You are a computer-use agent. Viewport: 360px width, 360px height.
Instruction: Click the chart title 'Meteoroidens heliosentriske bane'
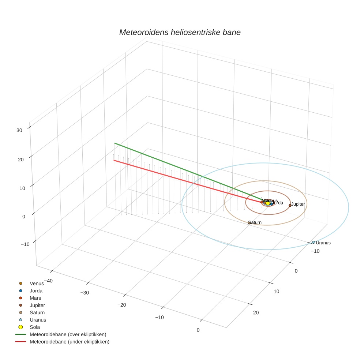[x=180, y=32]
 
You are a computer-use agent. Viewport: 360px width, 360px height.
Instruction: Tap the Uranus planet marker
[x=314, y=242]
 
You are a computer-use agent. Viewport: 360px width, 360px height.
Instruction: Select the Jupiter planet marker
[x=290, y=205]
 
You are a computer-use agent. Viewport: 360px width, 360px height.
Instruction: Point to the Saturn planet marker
[x=249, y=222]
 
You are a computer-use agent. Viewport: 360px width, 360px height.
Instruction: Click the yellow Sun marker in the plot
[x=268, y=203]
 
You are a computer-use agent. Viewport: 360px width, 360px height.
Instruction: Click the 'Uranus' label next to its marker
[x=323, y=243]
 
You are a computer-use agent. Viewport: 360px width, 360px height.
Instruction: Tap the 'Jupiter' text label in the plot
[x=298, y=204]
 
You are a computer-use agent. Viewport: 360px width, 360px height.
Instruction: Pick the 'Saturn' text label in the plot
[x=255, y=222]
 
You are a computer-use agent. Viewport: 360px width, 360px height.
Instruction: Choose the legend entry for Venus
[x=37, y=284]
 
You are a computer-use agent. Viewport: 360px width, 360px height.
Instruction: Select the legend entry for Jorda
[x=36, y=291]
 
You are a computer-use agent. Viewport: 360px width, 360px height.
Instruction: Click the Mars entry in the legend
[x=35, y=298]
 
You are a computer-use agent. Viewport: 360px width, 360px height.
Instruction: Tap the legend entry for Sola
[x=35, y=327]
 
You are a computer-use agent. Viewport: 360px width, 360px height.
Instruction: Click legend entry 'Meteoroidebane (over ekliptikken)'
[x=68, y=334]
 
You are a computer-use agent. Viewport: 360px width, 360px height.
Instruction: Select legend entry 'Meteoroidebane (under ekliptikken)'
[x=69, y=342]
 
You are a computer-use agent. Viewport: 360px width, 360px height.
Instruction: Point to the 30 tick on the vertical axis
[x=19, y=130]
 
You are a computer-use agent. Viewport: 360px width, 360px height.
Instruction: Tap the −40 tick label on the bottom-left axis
[x=48, y=281]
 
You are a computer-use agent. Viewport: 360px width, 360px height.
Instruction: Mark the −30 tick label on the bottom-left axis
[x=85, y=293]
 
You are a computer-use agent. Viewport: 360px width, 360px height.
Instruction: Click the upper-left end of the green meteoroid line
[x=115, y=143]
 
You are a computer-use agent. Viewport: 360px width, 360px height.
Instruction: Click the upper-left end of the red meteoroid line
[x=114, y=160]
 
